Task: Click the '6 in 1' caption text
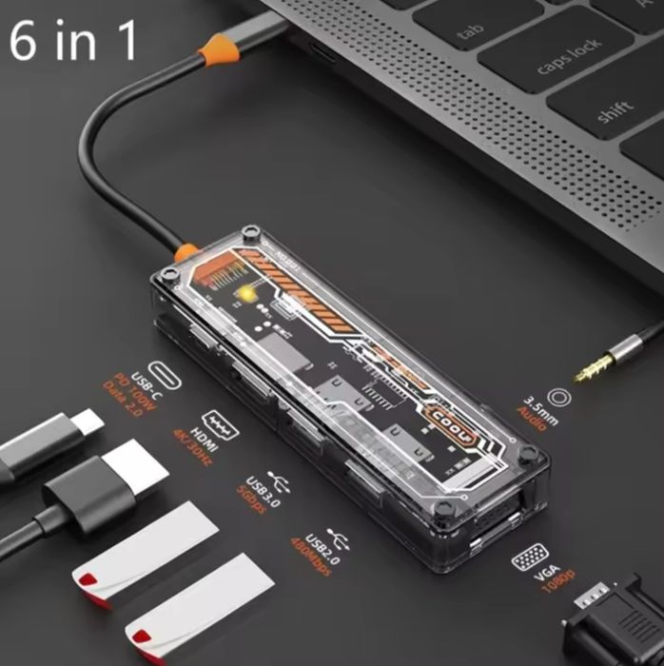tap(73, 39)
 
